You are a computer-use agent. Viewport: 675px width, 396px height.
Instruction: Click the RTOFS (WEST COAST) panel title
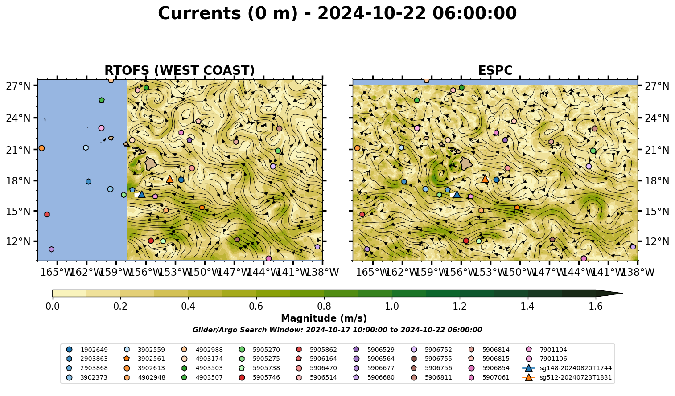pyautogui.click(x=180, y=70)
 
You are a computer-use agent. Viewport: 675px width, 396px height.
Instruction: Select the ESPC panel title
pyautogui.click(x=495, y=70)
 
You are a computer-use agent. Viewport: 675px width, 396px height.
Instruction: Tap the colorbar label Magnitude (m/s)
pyautogui.click(x=324, y=318)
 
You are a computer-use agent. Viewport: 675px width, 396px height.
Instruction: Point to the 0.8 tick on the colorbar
pyautogui.click(x=324, y=306)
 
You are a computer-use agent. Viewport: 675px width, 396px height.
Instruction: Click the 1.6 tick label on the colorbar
pyautogui.click(x=596, y=306)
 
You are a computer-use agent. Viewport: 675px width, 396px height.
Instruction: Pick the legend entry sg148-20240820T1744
pyautogui.click(x=567, y=368)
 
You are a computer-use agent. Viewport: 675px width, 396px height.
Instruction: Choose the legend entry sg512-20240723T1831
pyautogui.click(x=567, y=377)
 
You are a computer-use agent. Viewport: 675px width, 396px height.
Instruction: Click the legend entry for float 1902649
pyautogui.click(x=87, y=350)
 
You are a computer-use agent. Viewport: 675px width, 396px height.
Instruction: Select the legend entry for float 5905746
pyautogui.click(x=259, y=377)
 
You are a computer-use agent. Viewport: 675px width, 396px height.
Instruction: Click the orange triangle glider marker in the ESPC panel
pyautogui.click(x=485, y=179)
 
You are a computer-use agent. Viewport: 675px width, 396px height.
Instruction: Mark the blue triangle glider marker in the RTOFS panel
pyautogui.click(x=142, y=195)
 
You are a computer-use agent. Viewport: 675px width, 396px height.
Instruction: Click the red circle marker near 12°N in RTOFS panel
pyautogui.click(x=151, y=241)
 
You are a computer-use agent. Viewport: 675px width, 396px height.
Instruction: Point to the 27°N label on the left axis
pyautogui.click(x=18, y=86)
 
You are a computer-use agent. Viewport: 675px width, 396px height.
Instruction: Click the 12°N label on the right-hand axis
pyautogui.click(x=657, y=241)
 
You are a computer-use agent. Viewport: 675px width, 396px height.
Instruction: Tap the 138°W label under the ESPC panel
pyautogui.click(x=638, y=272)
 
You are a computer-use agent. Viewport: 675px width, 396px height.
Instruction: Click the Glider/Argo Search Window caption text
pyautogui.click(x=337, y=330)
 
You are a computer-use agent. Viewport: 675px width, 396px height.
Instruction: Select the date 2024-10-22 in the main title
pyautogui.click(x=372, y=13)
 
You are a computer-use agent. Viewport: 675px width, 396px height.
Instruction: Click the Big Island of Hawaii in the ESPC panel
pyautogui.click(x=466, y=164)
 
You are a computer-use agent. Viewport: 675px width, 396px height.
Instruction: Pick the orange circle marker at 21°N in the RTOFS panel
pyautogui.click(x=41, y=148)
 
